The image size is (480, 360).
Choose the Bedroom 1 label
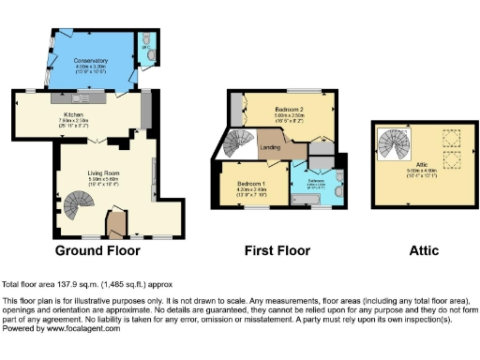[251, 183]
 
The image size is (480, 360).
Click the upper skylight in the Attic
[448, 139]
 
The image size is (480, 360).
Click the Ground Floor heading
[98, 250]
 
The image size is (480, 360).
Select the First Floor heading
[278, 250]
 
